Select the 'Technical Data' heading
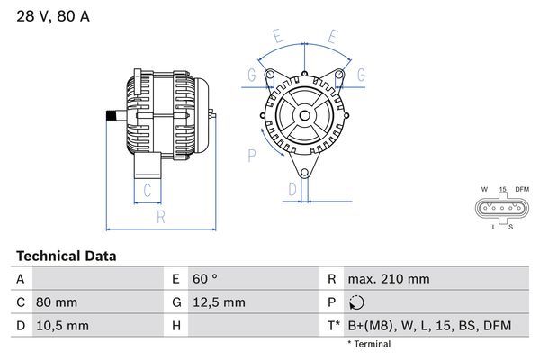point(66,256)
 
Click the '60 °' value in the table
point(206,279)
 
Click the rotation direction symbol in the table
point(357,302)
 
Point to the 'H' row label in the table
point(177,325)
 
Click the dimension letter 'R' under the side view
point(160,217)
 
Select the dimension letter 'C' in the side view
point(147,189)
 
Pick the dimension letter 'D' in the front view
point(292,189)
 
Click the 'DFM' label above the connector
point(523,189)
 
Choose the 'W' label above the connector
point(484,189)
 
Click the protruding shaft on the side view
point(113,114)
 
